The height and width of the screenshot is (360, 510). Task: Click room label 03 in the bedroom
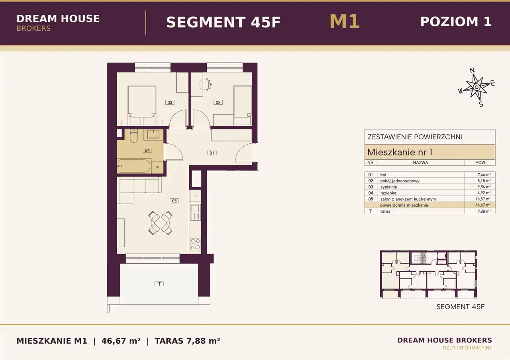(x=170, y=102)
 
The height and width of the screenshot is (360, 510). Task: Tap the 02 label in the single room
(x=218, y=102)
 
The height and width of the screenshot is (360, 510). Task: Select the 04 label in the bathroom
(x=147, y=150)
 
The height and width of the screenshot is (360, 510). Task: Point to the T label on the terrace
(x=159, y=284)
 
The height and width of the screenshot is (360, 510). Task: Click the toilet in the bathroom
(x=133, y=136)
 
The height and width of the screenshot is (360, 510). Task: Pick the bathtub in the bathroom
(x=134, y=166)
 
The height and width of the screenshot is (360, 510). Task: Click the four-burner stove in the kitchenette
(x=195, y=244)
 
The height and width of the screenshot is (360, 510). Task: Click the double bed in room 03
(x=142, y=106)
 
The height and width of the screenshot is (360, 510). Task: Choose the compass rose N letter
(x=472, y=70)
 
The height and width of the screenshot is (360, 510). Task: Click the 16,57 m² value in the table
(x=483, y=199)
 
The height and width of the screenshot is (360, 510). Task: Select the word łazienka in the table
(x=388, y=193)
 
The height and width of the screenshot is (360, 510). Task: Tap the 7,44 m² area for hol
(x=484, y=175)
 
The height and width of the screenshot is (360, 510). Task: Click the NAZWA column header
(x=420, y=163)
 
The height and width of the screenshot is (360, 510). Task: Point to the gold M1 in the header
(x=345, y=22)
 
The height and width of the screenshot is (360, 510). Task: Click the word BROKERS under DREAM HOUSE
(x=33, y=28)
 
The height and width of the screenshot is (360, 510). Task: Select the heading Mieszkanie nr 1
(x=400, y=152)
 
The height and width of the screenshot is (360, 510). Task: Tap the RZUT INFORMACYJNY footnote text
(x=467, y=348)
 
